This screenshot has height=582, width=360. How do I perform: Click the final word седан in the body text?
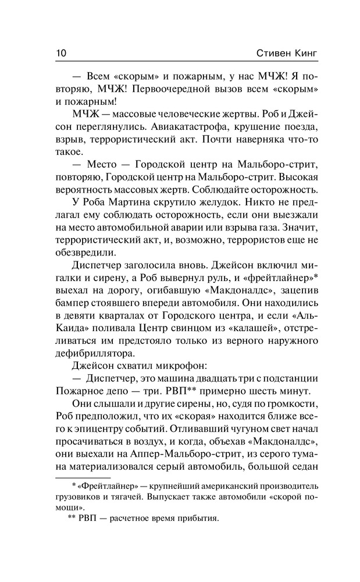coord(302,472)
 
